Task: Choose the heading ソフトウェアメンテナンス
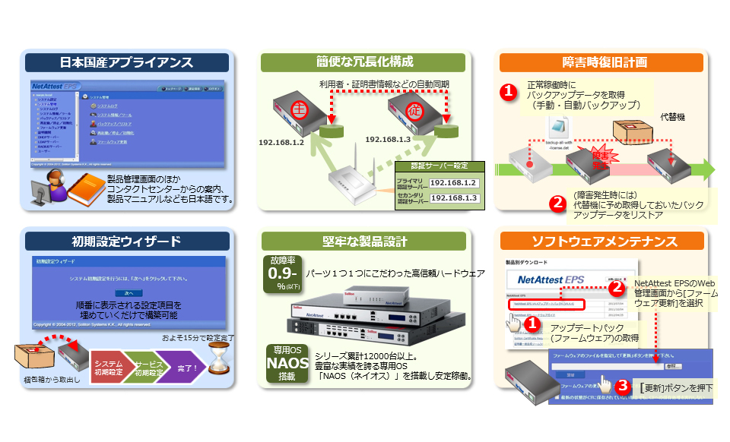click(605, 242)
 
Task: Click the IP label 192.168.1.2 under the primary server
click(281, 142)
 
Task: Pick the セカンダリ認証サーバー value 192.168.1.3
click(454, 198)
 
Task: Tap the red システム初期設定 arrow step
click(108, 368)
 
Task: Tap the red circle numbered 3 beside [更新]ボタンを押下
click(622, 387)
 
